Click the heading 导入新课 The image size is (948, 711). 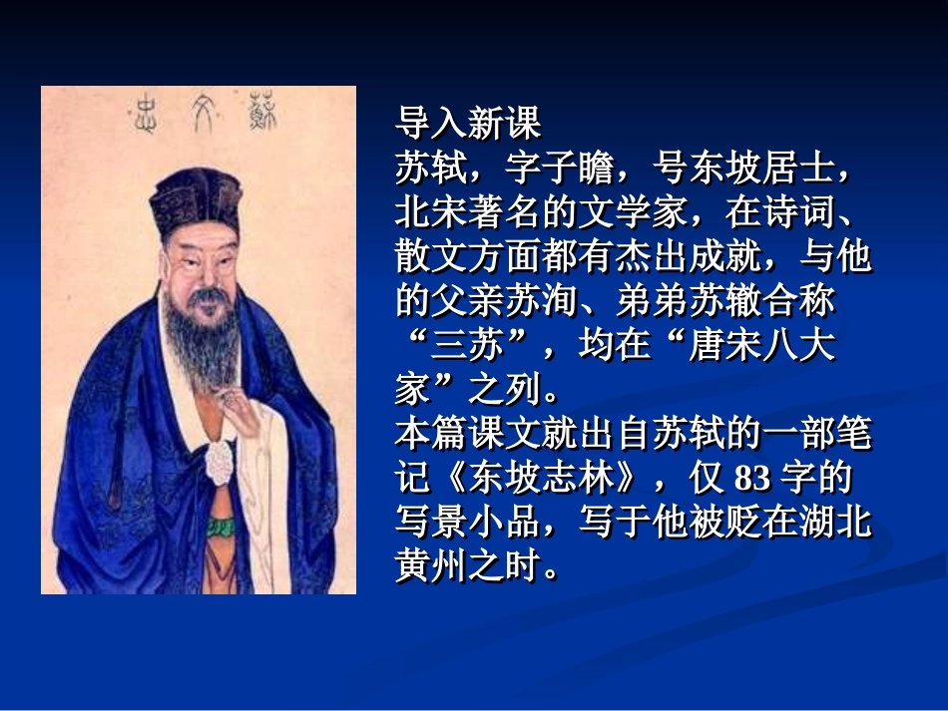468,125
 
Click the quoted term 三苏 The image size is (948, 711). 468,346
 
